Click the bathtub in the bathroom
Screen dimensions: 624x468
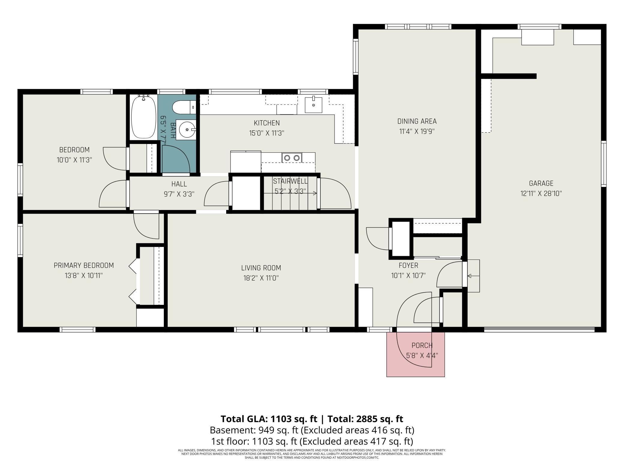coord(144,117)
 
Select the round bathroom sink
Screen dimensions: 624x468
coord(187,130)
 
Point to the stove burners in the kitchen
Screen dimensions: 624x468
coord(292,157)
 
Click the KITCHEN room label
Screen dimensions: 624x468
coord(267,123)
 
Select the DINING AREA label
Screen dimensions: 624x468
coord(417,121)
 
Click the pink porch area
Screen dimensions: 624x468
coord(415,354)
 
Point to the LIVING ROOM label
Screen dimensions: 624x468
coord(261,268)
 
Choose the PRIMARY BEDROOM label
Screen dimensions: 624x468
coord(84,265)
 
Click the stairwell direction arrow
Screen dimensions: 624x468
coord(290,193)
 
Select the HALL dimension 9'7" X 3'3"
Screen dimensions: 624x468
coord(179,194)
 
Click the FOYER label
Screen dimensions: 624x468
coord(408,265)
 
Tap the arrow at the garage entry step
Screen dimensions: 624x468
coord(473,276)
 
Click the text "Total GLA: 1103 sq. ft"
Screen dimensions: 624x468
coord(269,419)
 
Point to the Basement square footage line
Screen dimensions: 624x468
coord(312,430)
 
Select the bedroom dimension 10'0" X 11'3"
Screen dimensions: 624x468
coord(74,160)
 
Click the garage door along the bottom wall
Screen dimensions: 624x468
coord(539,329)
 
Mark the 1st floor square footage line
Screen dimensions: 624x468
coord(312,442)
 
